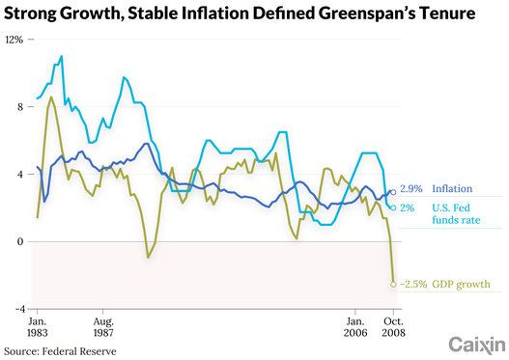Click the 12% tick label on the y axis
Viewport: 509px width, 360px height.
[14, 40]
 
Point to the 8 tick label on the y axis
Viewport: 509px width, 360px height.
[20, 107]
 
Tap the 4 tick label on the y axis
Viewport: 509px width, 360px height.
[20, 175]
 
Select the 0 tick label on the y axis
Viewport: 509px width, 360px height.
[20, 241]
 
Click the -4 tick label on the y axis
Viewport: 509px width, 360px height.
[19, 309]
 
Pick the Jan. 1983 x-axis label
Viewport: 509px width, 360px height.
[38, 327]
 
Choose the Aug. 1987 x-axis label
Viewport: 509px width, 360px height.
[103, 327]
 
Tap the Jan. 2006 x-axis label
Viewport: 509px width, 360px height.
[355, 327]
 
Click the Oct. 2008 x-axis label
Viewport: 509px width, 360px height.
[393, 327]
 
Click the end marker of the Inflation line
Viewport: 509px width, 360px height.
[393, 192]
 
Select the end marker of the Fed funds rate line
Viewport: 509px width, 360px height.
[393, 208]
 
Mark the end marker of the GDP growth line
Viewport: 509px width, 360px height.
[393, 285]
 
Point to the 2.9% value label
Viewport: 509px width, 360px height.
[410, 189]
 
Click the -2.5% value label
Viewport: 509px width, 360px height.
[413, 284]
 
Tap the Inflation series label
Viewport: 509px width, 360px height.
[452, 189]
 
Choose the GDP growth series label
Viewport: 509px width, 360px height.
[461, 285]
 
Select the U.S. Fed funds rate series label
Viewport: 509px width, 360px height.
[456, 214]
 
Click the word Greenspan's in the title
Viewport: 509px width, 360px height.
[367, 14]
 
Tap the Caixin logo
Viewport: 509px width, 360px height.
[477, 346]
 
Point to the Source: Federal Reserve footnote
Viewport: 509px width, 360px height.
[60, 351]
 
